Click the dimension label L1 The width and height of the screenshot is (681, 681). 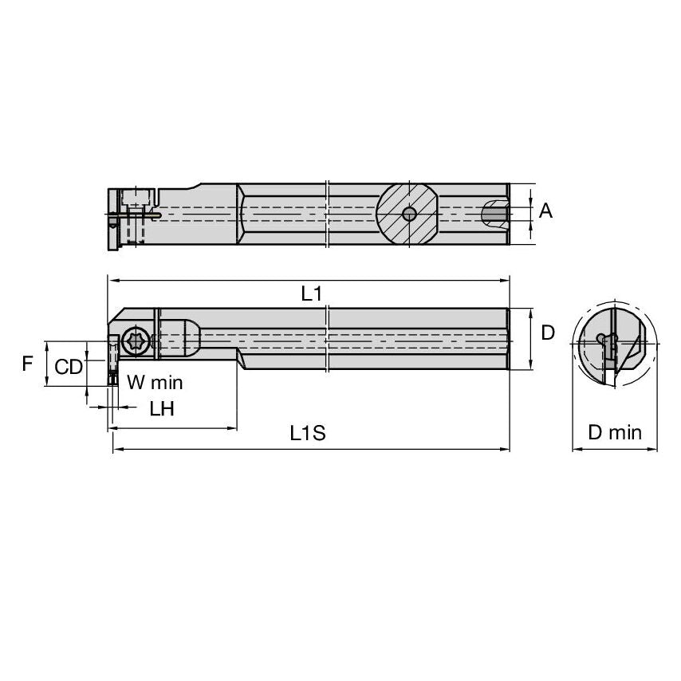point(311,293)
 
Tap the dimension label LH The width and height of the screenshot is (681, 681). point(162,408)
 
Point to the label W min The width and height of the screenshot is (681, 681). point(155,383)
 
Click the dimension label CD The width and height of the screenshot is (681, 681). point(69,367)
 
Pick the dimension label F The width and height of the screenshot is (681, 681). point(28,364)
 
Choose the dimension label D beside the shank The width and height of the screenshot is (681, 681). point(548,333)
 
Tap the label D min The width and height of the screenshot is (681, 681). point(614,433)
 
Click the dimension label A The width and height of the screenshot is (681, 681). point(545,211)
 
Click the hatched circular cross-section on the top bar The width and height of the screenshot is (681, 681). point(407,213)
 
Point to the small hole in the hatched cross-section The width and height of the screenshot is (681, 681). point(408,214)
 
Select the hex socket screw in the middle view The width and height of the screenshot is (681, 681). point(135,341)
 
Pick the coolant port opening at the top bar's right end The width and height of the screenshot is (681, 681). point(494,213)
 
